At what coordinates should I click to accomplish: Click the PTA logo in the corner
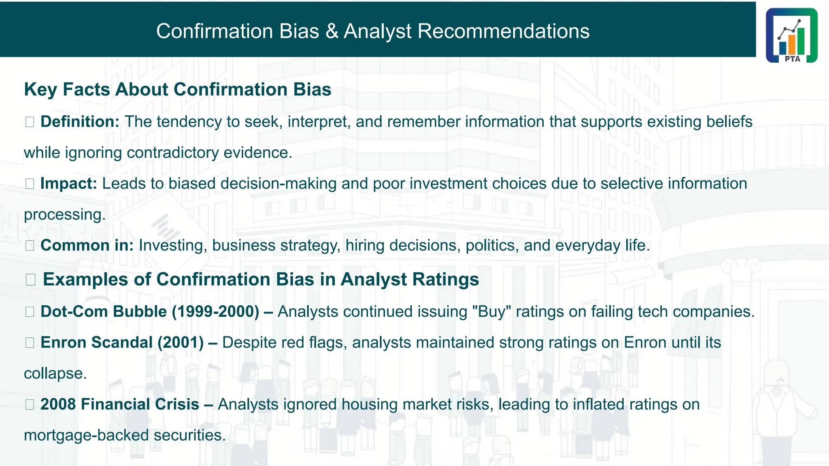coord(791,35)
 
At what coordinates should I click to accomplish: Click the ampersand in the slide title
coord(332,31)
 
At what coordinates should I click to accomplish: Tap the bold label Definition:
coord(80,122)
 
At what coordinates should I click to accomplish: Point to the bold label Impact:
coord(68,184)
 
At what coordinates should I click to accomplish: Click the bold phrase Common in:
coord(87,246)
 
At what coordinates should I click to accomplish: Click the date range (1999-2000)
coord(215,311)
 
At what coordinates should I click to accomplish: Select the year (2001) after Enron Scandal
coord(181,343)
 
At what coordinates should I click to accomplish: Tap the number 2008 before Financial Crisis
coord(58,405)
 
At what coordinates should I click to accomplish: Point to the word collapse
coord(55,373)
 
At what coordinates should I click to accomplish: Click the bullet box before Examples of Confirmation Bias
coord(30,280)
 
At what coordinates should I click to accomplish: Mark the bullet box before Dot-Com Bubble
coord(30,312)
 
